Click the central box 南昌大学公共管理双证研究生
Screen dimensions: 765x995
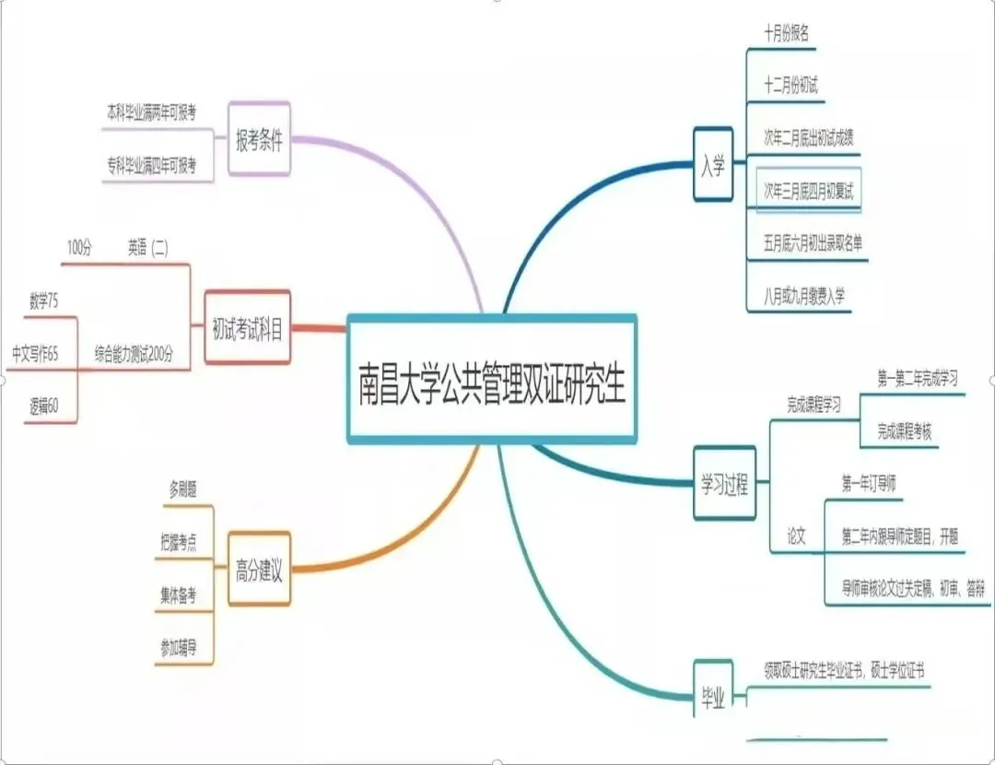[492, 380]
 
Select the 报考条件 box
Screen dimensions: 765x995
[259, 141]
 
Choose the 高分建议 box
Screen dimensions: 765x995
[259, 571]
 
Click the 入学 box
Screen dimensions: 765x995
[712, 165]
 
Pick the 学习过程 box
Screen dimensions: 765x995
[723, 485]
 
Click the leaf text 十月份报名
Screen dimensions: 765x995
[786, 34]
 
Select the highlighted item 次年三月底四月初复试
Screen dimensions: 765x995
[809, 190]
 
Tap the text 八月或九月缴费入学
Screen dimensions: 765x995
[804, 295]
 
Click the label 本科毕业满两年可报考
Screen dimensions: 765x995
[151, 112]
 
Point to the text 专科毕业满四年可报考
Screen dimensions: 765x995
[151, 166]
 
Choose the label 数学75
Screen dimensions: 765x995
[44, 300]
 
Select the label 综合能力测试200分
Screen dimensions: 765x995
[134, 353]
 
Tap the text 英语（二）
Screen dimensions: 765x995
[148, 247]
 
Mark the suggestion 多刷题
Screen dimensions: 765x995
[182, 488]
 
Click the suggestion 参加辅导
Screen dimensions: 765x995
[178, 645]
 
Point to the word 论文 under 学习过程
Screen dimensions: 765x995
[796, 535]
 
